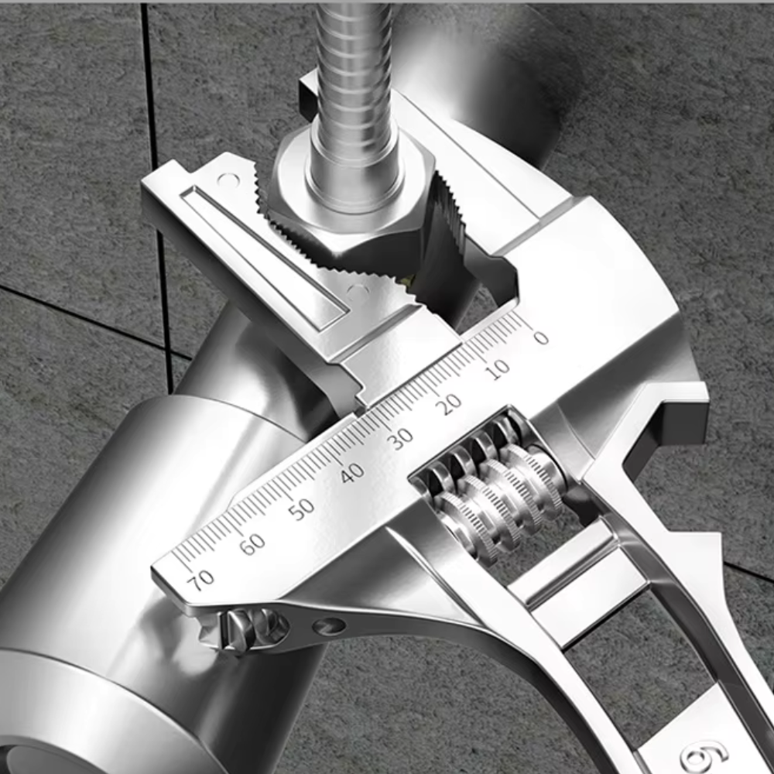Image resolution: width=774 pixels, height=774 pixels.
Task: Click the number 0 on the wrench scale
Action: click(x=540, y=337)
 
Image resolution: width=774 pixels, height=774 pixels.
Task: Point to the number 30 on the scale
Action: click(x=400, y=439)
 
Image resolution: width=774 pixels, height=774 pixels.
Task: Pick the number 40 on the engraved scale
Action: click(x=351, y=473)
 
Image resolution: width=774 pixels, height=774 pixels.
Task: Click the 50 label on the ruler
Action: click(x=302, y=508)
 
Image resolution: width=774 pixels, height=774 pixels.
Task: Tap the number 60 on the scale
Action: click(x=252, y=544)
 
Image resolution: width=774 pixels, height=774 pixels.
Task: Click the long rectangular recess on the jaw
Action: click(x=263, y=252)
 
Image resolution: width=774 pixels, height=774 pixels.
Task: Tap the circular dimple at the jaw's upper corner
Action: click(x=228, y=180)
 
